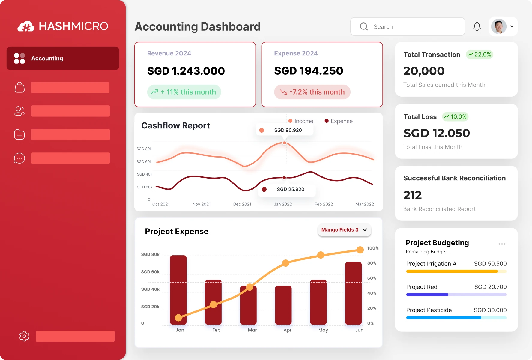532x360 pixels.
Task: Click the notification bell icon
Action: [477, 27]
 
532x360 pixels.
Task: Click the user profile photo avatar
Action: [499, 27]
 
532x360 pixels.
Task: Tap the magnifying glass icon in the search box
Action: [364, 27]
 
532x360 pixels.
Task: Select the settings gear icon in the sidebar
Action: [24, 336]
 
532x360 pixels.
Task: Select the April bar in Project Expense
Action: [283, 305]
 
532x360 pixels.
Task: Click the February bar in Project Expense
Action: [213, 302]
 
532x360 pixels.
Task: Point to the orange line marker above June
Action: [360, 250]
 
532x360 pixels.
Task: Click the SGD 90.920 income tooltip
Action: [284, 130]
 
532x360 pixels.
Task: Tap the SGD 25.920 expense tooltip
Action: [287, 190]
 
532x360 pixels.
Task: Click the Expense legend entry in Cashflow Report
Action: [339, 121]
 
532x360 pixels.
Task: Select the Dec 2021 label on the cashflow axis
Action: [242, 204]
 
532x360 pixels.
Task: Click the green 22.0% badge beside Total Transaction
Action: [480, 55]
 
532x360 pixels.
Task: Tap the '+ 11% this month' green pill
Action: [184, 92]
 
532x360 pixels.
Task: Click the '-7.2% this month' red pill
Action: [312, 92]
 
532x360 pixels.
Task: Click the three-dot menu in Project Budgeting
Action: [502, 244]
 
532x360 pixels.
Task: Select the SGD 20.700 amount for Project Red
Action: [490, 287]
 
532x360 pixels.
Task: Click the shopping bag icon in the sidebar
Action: [20, 88]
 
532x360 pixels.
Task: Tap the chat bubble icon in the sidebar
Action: [19, 158]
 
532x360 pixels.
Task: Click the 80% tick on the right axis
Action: [372, 263]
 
